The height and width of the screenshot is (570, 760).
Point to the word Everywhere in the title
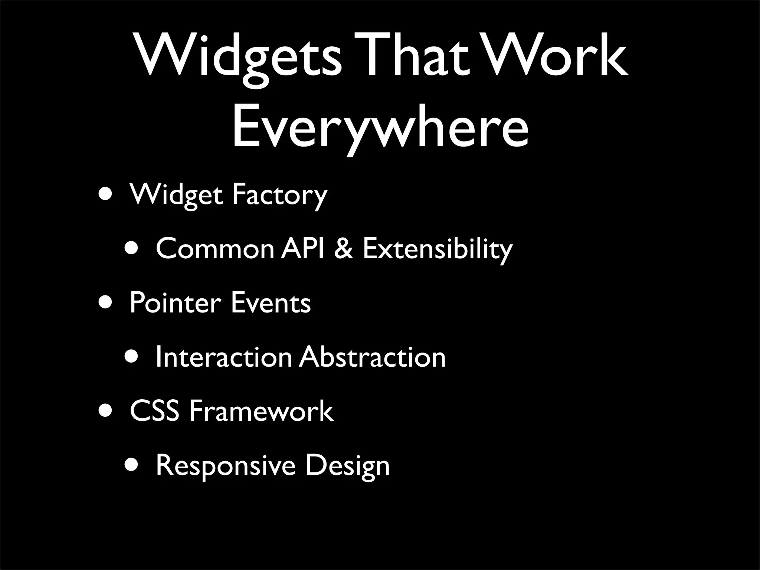(380, 126)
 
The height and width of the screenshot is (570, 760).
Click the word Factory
(279, 195)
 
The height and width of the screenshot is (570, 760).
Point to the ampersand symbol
(343, 248)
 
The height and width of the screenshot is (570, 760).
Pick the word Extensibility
(438, 249)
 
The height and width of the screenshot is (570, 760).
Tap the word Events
(271, 303)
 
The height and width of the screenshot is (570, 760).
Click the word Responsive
(226, 466)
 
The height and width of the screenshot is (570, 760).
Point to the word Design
(347, 466)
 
